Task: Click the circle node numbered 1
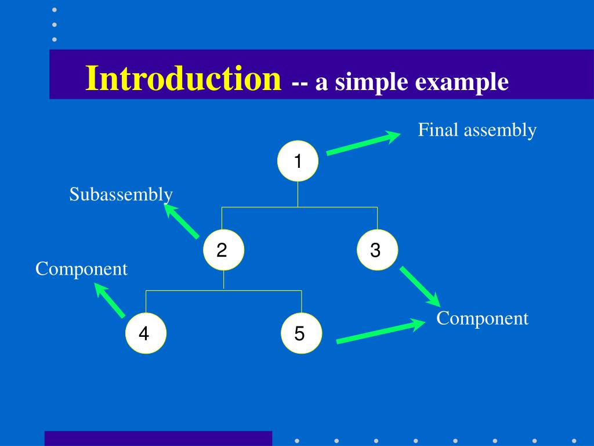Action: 298,161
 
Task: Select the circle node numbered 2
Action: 223,250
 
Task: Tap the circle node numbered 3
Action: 377,250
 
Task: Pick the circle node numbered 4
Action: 146,333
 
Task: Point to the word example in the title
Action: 462,82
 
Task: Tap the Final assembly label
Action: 477,130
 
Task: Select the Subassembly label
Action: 121,194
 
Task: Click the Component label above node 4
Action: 81,269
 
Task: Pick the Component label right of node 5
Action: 482,318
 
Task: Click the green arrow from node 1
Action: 363,144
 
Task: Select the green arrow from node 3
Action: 420,286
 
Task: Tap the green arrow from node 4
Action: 110,300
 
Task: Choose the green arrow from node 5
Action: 381,332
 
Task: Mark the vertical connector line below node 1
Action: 298,194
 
